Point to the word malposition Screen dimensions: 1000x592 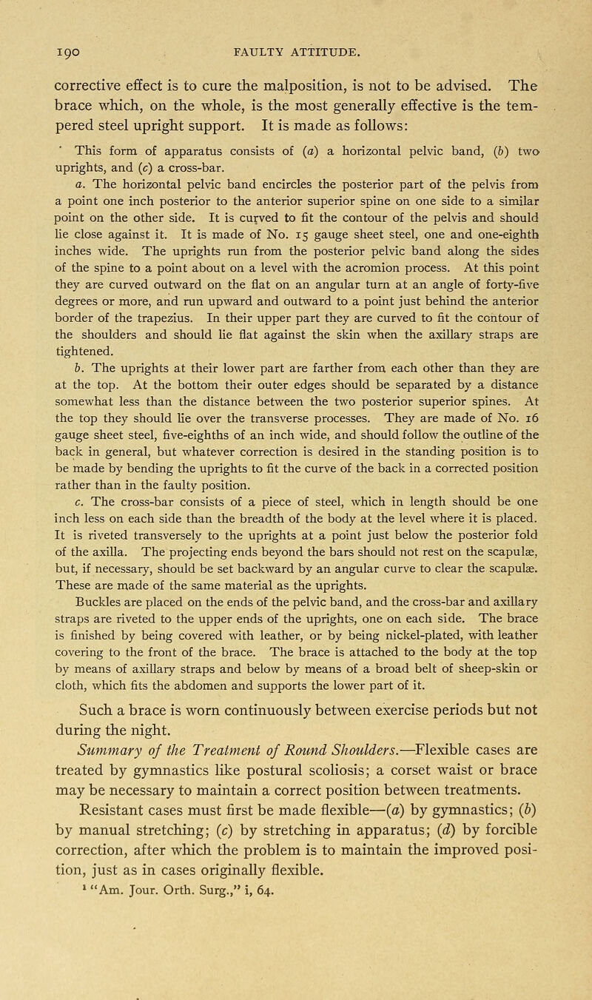349,71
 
